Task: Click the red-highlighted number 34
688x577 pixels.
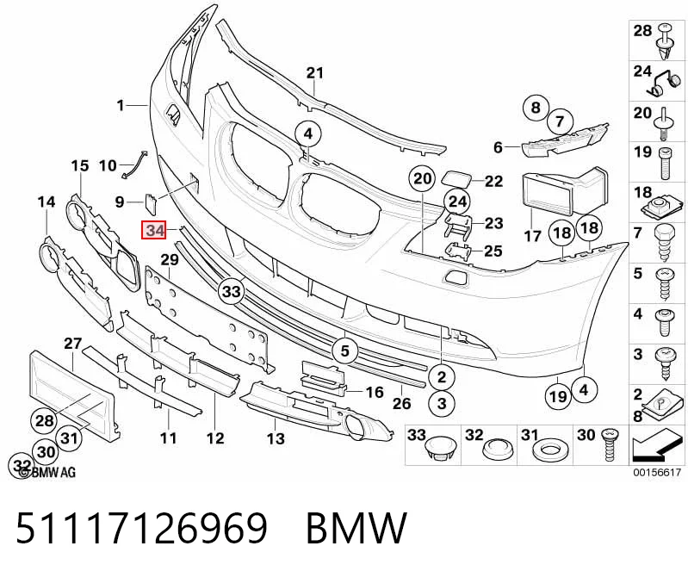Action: click(x=153, y=230)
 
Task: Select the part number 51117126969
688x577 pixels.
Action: click(x=141, y=527)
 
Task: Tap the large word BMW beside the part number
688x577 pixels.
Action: click(x=356, y=527)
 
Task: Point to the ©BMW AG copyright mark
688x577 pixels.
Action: click(x=47, y=472)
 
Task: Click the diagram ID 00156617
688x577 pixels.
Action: click(x=656, y=473)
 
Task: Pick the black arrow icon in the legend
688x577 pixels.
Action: click(x=657, y=447)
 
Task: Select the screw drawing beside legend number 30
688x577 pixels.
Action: click(x=609, y=445)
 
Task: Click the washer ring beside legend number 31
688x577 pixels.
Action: click(x=548, y=450)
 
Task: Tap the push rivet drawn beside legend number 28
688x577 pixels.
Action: click(x=666, y=42)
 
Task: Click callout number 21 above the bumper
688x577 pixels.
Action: click(x=314, y=73)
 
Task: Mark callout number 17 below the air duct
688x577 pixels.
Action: click(x=533, y=236)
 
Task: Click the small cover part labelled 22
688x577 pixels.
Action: click(x=457, y=180)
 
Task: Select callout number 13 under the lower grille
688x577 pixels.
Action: click(x=276, y=437)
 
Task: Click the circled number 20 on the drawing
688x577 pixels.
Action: click(x=422, y=179)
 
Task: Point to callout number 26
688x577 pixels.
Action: click(x=401, y=403)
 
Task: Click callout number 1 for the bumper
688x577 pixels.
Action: click(x=121, y=105)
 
